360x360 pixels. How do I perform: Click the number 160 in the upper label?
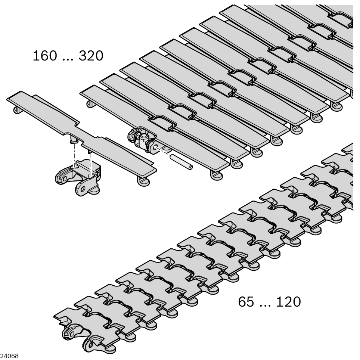pyautogui.click(x=45, y=56)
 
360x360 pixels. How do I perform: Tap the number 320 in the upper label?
pyautogui.click(x=91, y=56)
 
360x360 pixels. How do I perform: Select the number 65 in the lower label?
pyautogui.click(x=246, y=302)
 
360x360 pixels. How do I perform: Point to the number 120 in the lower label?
pyautogui.click(x=288, y=302)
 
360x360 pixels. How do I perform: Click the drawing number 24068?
pyautogui.click(x=9, y=356)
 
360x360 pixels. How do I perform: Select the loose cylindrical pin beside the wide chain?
pyautogui.click(x=181, y=162)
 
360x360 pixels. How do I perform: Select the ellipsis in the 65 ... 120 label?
pyautogui.click(x=265, y=305)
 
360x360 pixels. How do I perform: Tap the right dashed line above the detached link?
pyautogui.click(x=91, y=164)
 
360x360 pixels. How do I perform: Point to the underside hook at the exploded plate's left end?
pyautogui.click(x=17, y=110)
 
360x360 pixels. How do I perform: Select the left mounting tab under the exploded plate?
pyautogui.click(x=74, y=139)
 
